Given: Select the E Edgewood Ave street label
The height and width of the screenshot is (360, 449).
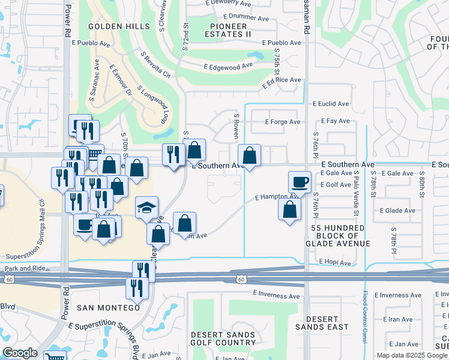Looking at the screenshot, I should (x=228, y=67).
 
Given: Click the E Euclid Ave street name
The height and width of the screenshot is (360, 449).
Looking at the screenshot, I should (x=331, y=104).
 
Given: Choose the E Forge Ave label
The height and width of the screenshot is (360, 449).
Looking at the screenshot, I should (x=282, y=122).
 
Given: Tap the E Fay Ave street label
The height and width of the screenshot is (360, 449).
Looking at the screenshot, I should (x=336, y=121).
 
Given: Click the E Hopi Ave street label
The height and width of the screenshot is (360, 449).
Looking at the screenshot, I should (x=334, y=262).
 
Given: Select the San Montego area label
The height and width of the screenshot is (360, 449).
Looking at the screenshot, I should (x=108, y=307).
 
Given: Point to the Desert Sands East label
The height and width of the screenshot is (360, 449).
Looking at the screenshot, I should (x=322, y=323).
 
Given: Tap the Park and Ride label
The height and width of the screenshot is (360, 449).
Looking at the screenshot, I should (x=25, y=269).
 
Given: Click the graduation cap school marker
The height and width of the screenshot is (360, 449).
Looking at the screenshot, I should (x=146, y=208).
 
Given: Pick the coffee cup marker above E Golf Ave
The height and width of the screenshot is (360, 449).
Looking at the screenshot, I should (x=300, y=182).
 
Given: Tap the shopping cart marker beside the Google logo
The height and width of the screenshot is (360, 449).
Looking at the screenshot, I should (x=55, y=355).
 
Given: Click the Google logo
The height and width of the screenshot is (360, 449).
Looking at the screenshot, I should (x=20, y=353).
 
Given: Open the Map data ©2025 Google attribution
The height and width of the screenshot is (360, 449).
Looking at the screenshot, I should (x=411, y=355).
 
